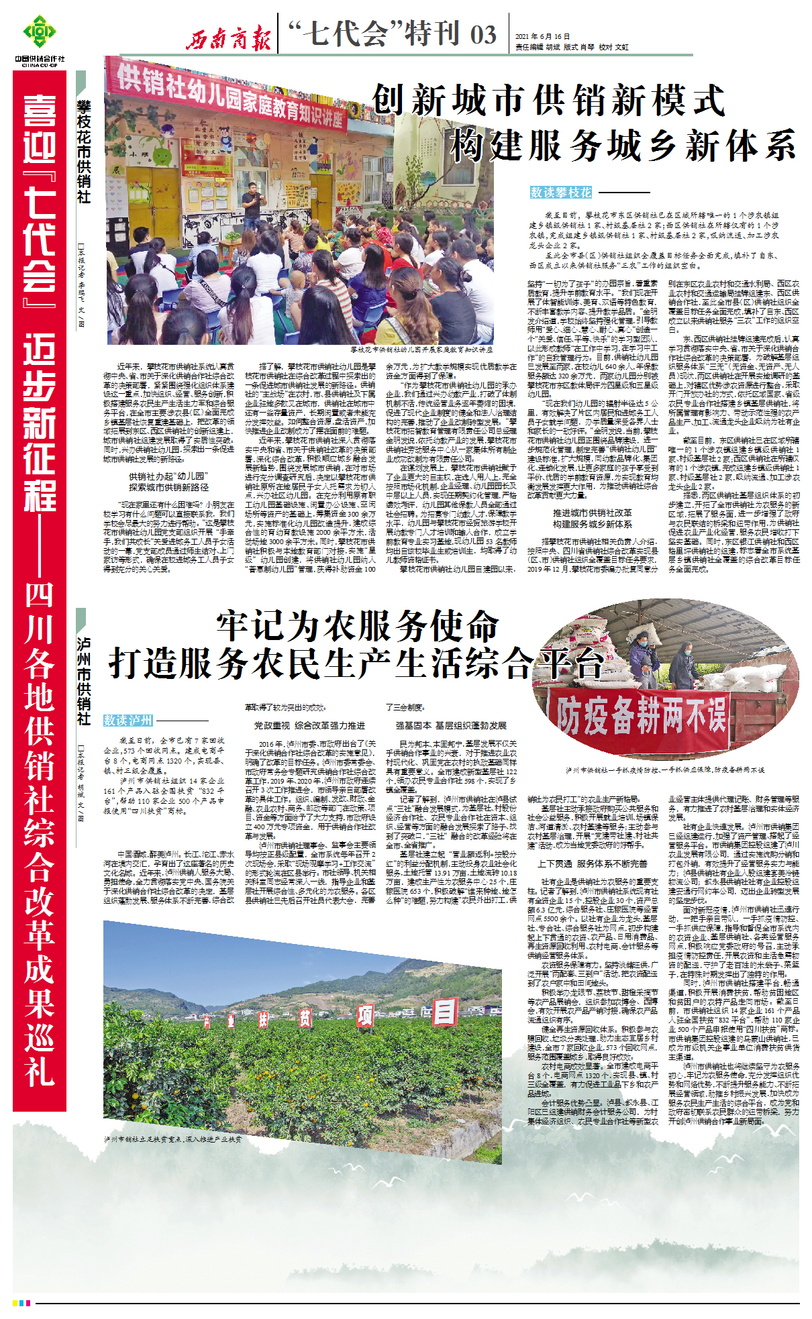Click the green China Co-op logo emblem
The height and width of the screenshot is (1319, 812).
point(40,32)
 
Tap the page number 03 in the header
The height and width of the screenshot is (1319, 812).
point(483,35)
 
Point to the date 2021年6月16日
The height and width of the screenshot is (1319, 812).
point(542,36)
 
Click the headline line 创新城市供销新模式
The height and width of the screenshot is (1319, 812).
point(548,101)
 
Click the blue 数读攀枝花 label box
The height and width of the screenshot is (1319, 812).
point(561,193)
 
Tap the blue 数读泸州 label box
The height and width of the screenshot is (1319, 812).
point(128,720)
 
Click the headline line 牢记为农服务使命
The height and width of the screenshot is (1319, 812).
point(358,627)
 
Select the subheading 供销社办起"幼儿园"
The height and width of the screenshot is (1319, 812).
point(168,476)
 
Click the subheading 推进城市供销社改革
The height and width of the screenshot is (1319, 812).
point(592,512)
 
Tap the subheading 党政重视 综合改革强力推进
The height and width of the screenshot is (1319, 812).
point(309,725)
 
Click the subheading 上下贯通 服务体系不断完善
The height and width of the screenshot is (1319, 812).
point(592,863)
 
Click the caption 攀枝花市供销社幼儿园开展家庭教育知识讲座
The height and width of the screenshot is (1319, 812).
point(421,350)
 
